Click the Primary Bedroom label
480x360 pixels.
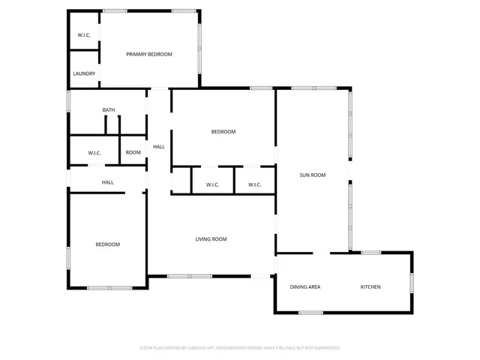pyautogui.click(x=149, y=54)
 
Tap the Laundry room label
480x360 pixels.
pyautogui.click(x=84, y=73)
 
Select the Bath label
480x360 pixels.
pyautogui.click(x=109, y=110)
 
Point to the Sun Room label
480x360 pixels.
pyautogui.click(x=313, y=175)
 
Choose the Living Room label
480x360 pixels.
pyautogui.click(x=211, y=239)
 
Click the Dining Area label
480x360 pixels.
pyautogui.click(x=305, y=287)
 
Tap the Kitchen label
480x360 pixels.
pyautogui.click(x=370, y=287)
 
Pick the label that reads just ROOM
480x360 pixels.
pyautogui.click(x=133, y=152)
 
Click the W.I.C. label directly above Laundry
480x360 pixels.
pyautogui.click(x=84, y=35)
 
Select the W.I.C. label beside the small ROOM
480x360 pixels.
pyautogui.click(x=94, y=153)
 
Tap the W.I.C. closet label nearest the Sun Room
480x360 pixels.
pyautogui.click(x=254, y=184)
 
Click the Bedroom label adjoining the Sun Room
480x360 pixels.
pyautogui.click(x=223, y=132)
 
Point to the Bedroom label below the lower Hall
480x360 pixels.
pyautogui.click(x=107, y=244)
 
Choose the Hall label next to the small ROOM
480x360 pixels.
pyautogui.click(x=159, y=146)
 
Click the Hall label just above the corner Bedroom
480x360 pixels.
pyautogui.click(x=108, y=182)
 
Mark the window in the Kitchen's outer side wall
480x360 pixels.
pyautogui.click(x=411, y=281)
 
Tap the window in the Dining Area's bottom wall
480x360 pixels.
pyautogui.click(x=310, y=312)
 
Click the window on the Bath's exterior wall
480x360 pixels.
pyautogui.click(x=68, y=101)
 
